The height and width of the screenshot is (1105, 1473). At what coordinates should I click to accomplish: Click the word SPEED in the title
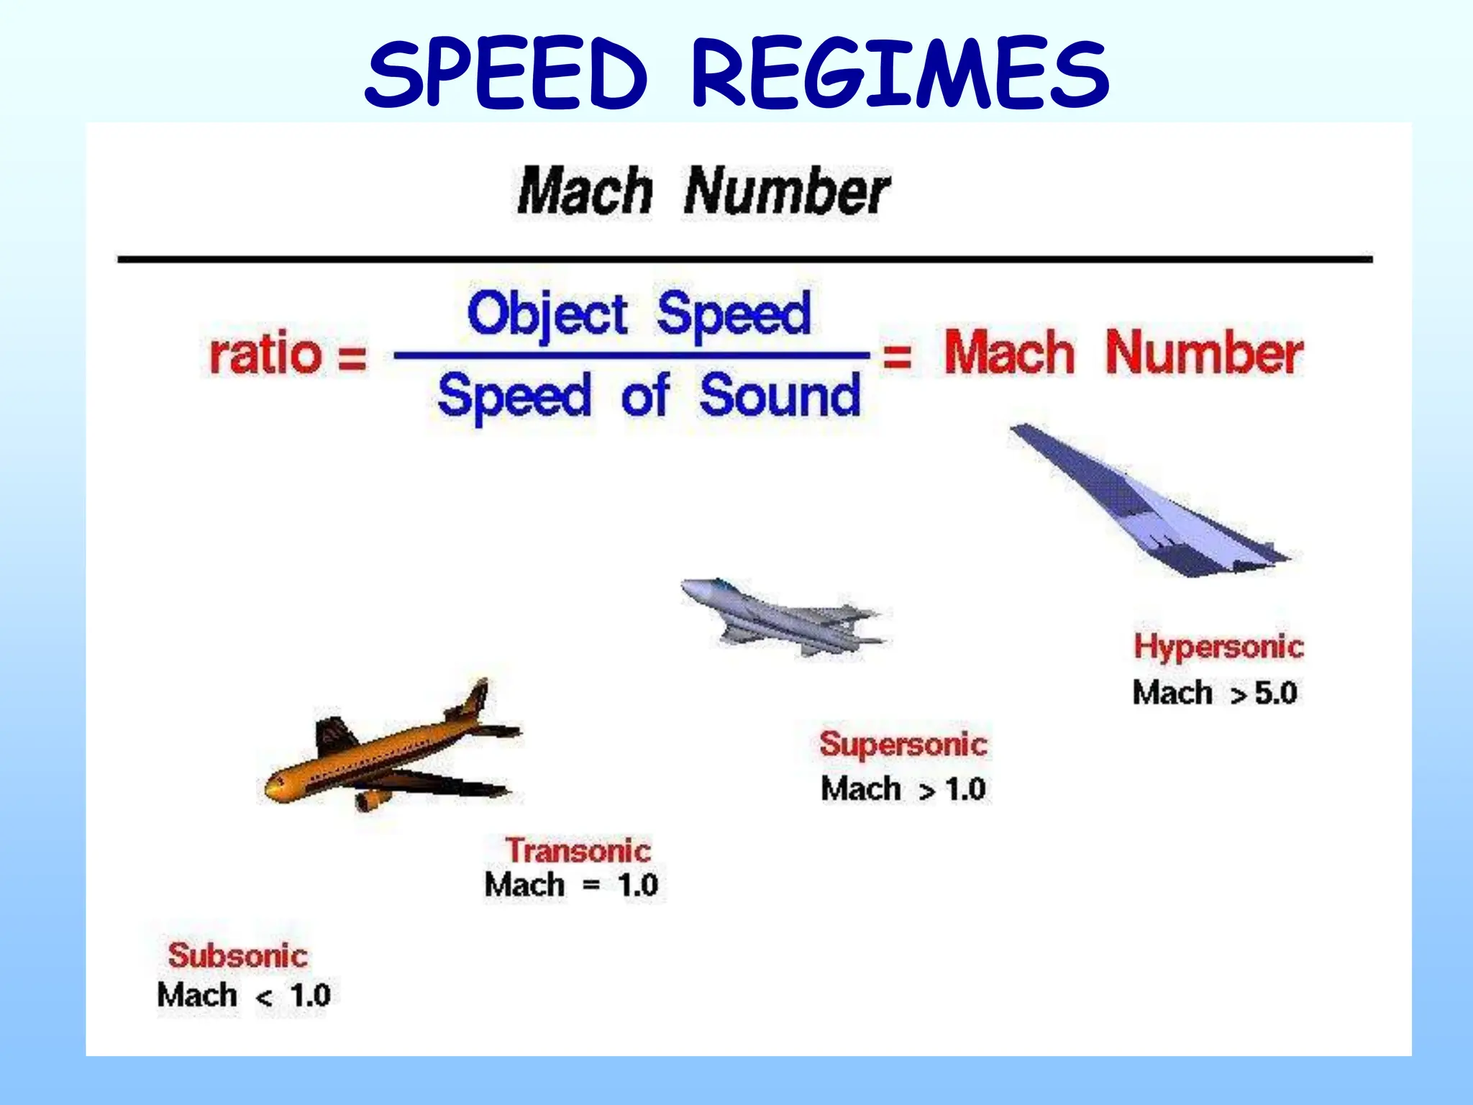[506, 74]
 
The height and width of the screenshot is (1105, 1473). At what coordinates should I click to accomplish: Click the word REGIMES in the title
[900, 74]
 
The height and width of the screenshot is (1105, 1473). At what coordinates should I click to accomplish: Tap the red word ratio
[265, 354]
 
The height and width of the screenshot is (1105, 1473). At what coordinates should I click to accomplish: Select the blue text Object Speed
[639, 314]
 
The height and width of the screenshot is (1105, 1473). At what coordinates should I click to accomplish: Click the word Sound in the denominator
[780, 396]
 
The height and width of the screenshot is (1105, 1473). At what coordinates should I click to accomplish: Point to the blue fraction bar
[631, 355]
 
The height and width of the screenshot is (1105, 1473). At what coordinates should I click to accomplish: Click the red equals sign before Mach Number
[897, 355]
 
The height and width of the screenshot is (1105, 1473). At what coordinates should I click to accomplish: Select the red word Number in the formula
[1204, 353]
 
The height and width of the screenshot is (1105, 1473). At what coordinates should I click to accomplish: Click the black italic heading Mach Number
[703, 191]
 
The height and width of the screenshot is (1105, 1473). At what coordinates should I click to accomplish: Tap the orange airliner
[388, 755]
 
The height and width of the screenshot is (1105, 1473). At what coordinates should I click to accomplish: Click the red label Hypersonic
[1218, 646]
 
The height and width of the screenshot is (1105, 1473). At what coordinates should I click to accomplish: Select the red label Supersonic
[903, 744]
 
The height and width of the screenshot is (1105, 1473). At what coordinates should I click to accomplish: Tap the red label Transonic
[578, 850]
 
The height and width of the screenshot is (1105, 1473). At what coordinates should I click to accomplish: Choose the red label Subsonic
[237, 955]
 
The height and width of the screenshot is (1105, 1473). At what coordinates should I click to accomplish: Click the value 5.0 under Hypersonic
[1275, 693]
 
